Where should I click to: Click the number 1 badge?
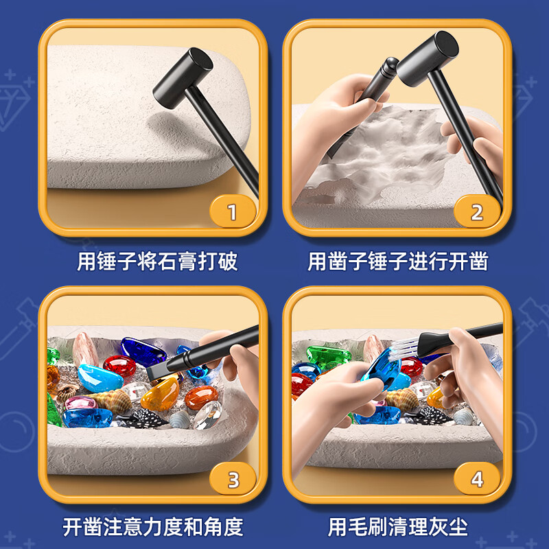232,212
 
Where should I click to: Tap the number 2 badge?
476,212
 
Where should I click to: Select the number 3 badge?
233,479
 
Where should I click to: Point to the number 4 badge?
476,479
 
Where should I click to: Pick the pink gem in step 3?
80,403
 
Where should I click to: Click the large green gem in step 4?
328,355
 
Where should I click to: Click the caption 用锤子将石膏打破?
157,261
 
